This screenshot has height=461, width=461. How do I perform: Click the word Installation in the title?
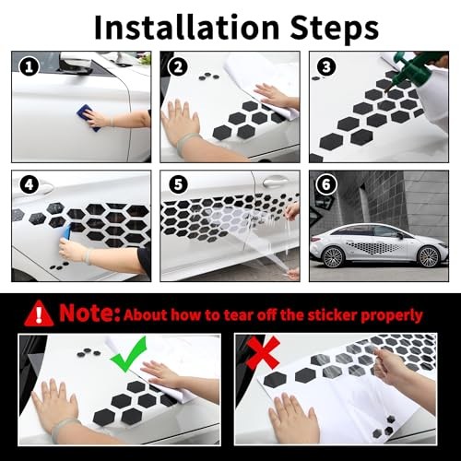186,28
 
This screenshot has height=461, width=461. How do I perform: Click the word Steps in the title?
335,29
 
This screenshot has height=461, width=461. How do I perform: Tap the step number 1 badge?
29,67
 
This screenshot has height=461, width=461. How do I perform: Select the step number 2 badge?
178,67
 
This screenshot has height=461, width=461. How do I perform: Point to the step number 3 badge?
326,67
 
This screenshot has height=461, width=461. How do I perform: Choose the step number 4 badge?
29,185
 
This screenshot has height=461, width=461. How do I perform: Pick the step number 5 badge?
178,185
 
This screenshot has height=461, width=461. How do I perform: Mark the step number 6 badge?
326,185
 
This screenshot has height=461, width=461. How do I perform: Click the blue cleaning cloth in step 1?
88,117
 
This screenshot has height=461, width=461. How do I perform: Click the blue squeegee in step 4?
66,232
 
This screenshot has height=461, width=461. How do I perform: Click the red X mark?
263,352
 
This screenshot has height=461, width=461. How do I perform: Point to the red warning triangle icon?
39,313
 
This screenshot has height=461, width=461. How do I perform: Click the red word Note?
89,313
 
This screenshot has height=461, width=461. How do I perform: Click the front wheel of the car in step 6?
428,256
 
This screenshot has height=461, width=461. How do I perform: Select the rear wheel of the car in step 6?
333,257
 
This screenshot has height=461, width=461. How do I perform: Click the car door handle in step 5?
275,182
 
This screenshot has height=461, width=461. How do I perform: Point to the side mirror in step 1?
75,64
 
